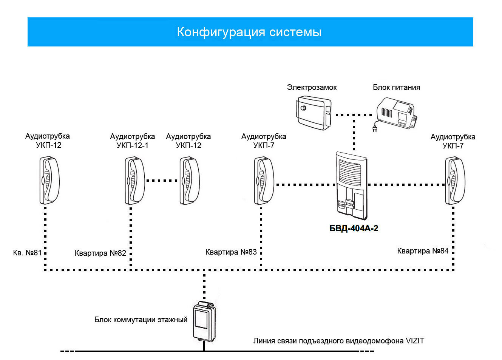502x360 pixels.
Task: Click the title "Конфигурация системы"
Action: (x=249, y=32)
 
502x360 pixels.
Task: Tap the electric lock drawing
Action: (x=314, y=113)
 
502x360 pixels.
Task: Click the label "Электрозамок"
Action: (x=312, y=87)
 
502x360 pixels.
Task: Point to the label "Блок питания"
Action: (x=397, y=87)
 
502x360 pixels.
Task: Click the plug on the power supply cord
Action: (x=374, y=129)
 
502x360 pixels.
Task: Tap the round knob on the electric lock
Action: (x=303, y=108)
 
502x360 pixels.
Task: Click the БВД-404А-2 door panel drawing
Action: (x=351, y=185)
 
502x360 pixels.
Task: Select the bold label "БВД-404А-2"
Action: (x=354, y=228)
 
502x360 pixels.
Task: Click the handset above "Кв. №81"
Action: (x=49, y=180)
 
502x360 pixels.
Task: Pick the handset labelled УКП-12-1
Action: (x=135, y=181)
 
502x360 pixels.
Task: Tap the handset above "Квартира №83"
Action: (x=264, y=181)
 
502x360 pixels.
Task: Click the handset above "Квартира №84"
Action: (x=455, y=181)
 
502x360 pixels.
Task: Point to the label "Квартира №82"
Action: (x=100, y=253)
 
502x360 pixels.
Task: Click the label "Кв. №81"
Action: (x=27, y=253)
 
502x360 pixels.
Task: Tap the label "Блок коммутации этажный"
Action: (x=141, y=320)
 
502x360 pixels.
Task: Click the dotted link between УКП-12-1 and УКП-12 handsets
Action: (x=162, y=181)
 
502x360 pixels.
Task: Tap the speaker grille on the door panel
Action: (x=350, y=173)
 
